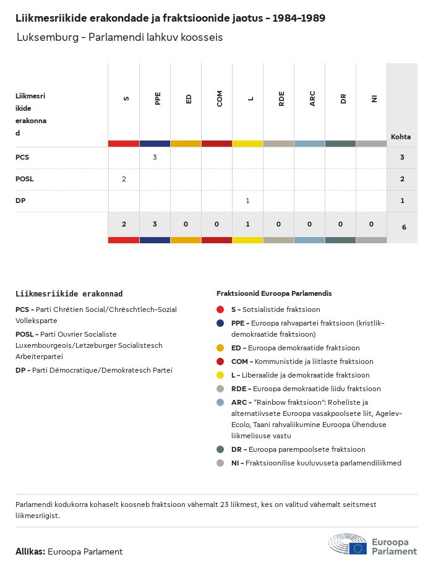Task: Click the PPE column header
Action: coord(158,98)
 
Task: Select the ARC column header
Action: coord(312,98)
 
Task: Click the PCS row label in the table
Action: coord(22,157)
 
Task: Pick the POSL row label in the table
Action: coord(25,179)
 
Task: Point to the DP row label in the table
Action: coord(20,201)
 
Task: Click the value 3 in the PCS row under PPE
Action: coord(155,157)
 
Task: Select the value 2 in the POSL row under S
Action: coord(124,179)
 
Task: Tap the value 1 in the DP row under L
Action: coord(247,201)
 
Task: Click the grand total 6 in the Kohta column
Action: coord(404,227)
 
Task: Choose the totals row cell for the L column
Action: coord(247,224)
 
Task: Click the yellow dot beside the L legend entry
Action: coord(220,375)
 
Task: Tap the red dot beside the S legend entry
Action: coord(220,309)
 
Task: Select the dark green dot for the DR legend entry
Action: coord(220,449)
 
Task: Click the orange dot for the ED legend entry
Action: coord(220,348)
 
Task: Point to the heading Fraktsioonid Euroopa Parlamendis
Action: coord(274,293)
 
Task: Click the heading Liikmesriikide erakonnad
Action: coord(69,293)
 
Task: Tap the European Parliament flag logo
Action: coord(358,548)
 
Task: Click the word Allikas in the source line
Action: coord(30,552)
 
